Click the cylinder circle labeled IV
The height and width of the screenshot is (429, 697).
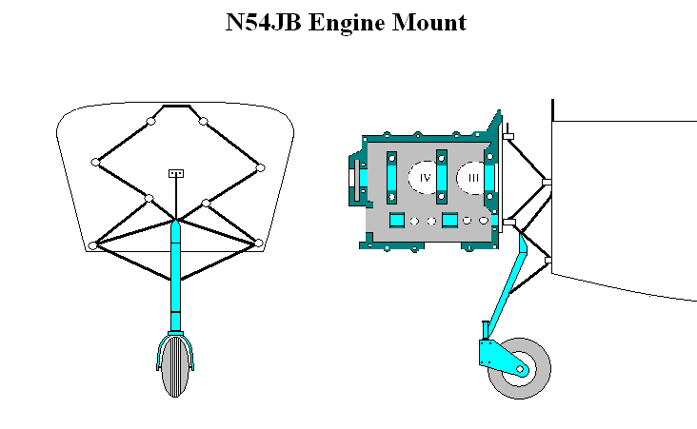(425, 178)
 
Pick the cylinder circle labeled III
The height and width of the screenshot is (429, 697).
(472, 178)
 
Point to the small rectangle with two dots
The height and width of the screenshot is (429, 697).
(175, 173)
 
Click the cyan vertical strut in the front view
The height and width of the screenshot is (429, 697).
(175, 276)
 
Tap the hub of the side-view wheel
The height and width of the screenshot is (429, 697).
(521, 368)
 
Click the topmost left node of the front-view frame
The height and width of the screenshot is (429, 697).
(151, 121)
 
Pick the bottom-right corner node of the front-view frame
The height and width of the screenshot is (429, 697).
(258, 244)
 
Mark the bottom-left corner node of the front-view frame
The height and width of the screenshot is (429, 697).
(93, 245)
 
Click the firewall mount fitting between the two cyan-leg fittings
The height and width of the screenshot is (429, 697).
(547, 180)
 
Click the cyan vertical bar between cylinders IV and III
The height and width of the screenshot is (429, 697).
(441, 177)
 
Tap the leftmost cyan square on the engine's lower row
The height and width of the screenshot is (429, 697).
(396, 221)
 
